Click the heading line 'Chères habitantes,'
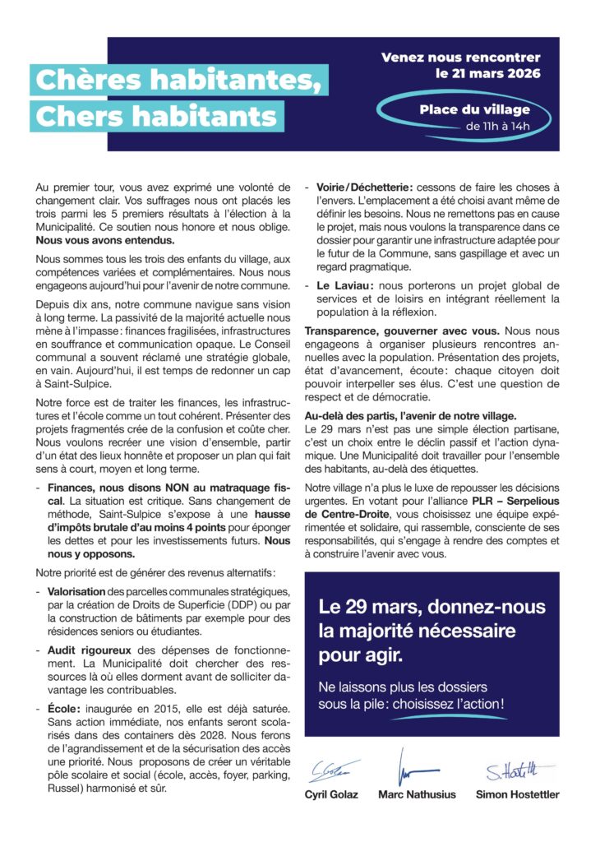tap(173, 79)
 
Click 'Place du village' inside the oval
tap(474, 109)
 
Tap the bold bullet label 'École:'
tap(67, 707)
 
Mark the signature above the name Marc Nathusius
tap(408, 769)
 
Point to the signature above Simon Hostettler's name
tap(510, 771)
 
